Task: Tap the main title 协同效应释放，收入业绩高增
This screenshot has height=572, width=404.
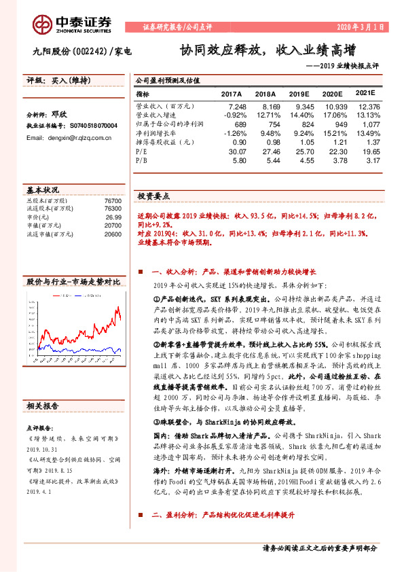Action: pyautogui.click(x=267, y=50)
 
